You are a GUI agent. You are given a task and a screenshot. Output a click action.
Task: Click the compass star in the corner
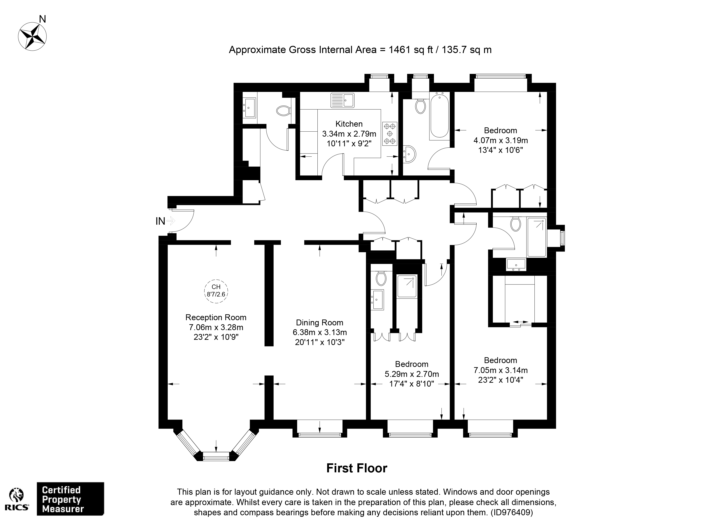point(32,37)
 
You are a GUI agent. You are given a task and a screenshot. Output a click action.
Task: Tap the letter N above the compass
point(42,19)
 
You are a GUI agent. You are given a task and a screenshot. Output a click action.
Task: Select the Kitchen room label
point(349,124)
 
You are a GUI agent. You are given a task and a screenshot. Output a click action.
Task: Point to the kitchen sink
point(342,100)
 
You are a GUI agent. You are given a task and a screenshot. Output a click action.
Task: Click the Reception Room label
point(216,317)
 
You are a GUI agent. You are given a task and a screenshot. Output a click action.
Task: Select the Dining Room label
point(320,322)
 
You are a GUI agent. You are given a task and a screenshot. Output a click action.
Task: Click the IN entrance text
point(160,221)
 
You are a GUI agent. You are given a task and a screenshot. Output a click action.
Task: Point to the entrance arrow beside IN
point(171,221)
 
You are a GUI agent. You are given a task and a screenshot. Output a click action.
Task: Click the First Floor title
point(357,468)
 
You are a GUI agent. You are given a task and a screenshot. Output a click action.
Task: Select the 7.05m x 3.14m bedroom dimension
point(501,370)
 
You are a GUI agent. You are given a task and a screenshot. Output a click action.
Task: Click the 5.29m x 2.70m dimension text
point(412,374)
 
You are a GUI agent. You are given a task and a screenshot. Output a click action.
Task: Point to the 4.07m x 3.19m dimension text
point(501,140)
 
